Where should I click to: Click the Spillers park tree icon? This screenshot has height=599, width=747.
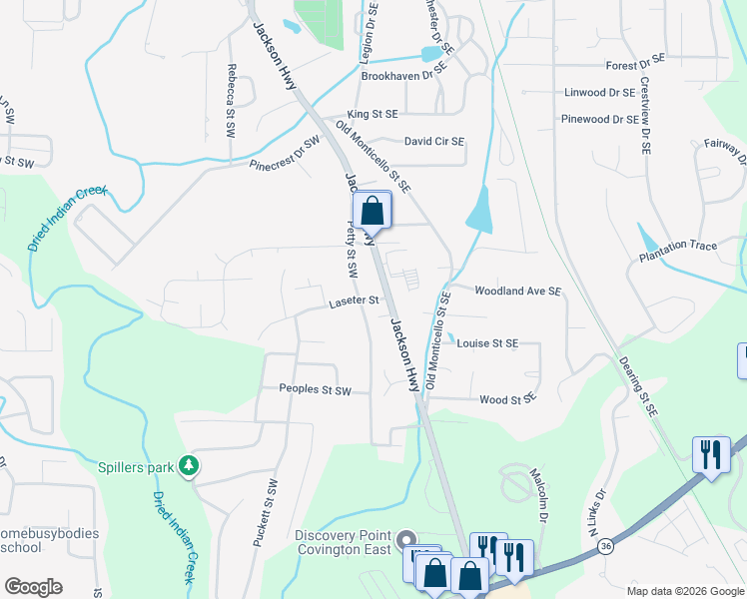pos(187,465)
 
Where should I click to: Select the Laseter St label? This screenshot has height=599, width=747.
pos(354,300)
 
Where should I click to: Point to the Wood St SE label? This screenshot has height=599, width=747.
pos(507,398)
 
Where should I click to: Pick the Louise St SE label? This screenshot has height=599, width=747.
pos(487,342)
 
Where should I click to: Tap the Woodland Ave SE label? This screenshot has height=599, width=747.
pos(518,291)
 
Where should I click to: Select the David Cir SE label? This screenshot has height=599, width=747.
pos(434,142)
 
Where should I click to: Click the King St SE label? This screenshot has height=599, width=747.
pos(373,115)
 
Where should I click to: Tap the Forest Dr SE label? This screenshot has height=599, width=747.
pos(635,65)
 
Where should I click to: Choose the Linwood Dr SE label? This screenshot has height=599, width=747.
pos(599,92)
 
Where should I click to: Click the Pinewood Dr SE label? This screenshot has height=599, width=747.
pos(599,119)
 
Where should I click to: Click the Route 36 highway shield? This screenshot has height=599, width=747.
pos(605,545)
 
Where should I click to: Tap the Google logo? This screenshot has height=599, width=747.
pos(33,587)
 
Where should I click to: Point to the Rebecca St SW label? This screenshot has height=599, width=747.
pos(231,95)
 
